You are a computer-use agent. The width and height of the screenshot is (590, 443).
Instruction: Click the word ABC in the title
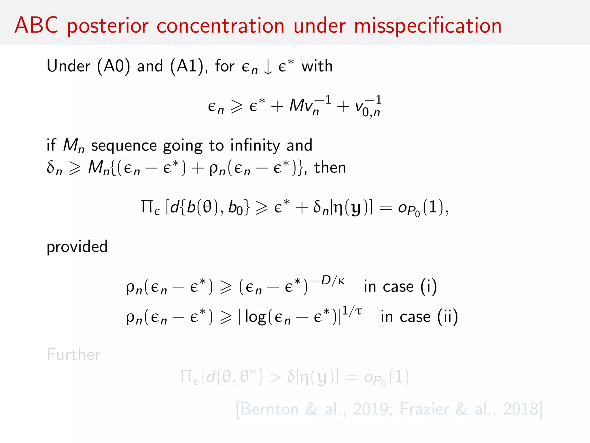[x=37, y=25]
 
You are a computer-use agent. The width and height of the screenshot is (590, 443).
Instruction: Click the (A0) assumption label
[x=114, y=66]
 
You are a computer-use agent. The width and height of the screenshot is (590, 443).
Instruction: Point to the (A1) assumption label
[x=187, y=66]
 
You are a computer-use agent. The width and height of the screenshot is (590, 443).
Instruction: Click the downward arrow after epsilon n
[x=268, y=67]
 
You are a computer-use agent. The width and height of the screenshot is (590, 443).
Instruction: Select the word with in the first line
[x=317, y=66]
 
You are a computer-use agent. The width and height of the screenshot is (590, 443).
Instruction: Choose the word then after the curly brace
[x=330, y=168]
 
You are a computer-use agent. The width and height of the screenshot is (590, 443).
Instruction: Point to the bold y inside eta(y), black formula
[x=356, y=208]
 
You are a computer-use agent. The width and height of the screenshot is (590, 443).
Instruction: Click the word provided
[x=77, y=247]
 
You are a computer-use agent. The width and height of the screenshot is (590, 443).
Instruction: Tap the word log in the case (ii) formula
[x=255, y=317]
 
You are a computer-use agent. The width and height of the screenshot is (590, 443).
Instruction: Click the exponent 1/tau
[x=351, y=311]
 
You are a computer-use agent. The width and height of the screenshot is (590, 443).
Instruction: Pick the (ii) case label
[x=447, y=317]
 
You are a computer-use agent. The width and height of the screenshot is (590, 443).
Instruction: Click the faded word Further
[x=73, y=354]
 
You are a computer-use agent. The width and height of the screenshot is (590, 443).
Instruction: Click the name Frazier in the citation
[x=424, y=409]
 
